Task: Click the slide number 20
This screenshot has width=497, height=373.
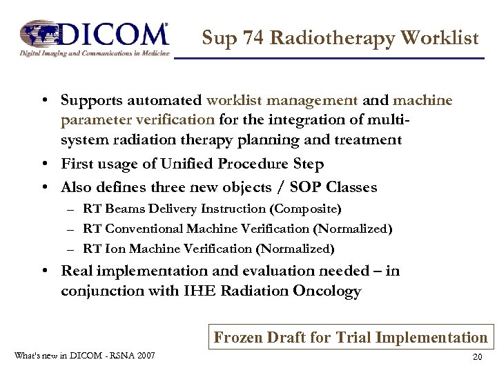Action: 477,356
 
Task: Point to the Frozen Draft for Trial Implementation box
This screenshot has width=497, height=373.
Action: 351,337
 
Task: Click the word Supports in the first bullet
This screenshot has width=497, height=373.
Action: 93,101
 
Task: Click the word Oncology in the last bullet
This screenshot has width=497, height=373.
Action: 327,291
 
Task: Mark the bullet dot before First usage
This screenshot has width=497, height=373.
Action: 43,165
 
